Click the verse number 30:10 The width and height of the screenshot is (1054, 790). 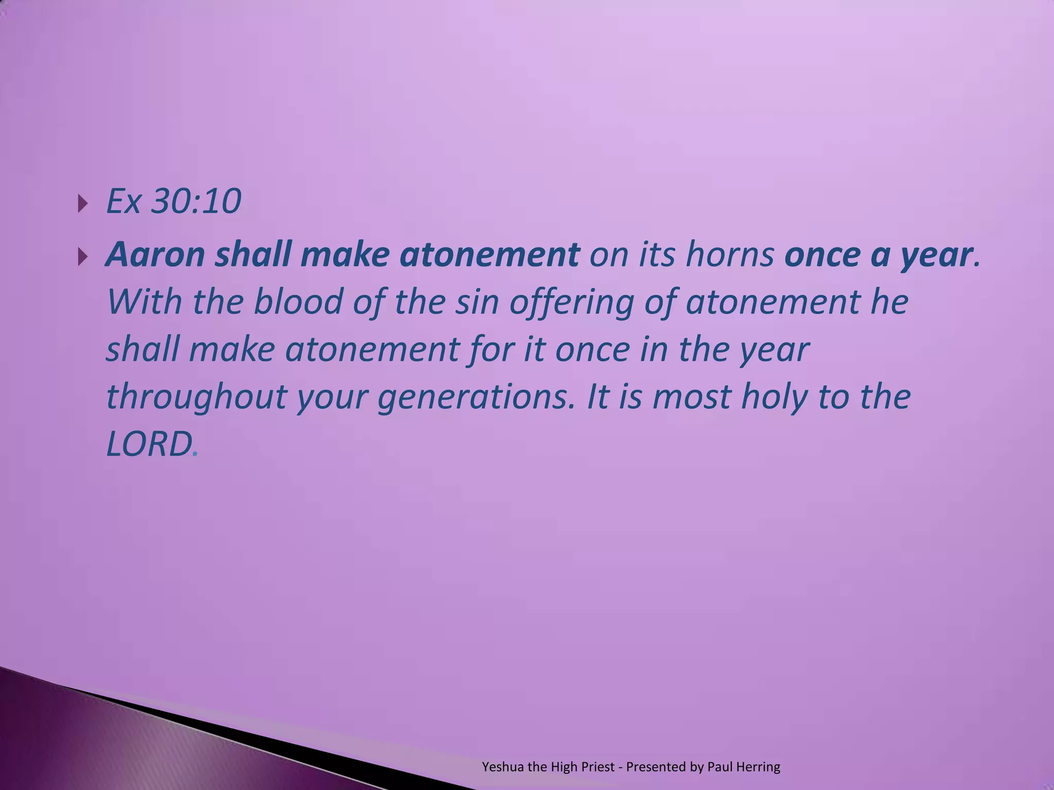point(196,201)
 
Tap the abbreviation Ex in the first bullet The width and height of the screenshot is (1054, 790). point(123,201)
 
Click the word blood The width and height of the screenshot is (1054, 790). point(298,302)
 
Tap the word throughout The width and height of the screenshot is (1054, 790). point(196,397)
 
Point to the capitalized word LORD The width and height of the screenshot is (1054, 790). point(149,444)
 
